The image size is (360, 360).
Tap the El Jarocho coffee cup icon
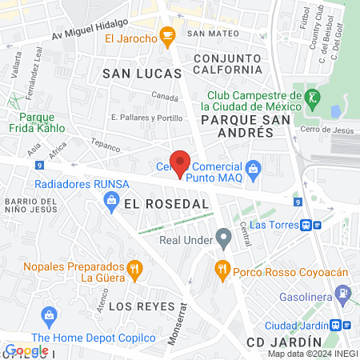pos(167,34)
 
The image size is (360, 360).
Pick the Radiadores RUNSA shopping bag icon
pos(111,202)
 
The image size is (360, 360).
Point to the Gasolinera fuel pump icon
pos(342,294)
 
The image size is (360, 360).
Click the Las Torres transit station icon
pos(314,225)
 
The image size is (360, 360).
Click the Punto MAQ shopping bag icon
pos(254,168)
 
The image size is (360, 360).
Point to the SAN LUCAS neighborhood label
pos(133,73)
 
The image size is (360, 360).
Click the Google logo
pos(26,350)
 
